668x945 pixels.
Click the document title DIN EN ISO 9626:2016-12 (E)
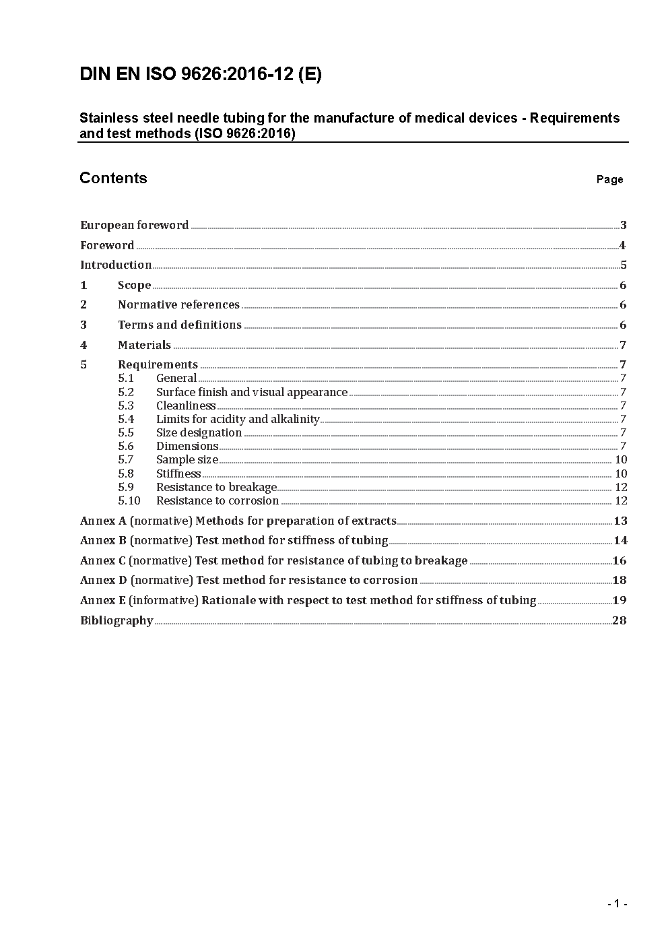pos(201,75)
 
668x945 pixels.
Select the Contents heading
pos(113,178)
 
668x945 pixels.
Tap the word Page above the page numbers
pos(609,180)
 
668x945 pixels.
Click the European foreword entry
pos(134,226)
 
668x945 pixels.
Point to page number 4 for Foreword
pos(622,246)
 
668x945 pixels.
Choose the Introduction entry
pos(116,265)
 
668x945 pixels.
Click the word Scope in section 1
pos(134,286)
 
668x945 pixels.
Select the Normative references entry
pos(178,305)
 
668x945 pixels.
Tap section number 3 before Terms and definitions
pos(83,325)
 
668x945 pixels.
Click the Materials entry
pos(144,346)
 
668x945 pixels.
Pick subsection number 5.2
pos(126,393)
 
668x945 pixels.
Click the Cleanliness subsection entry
pos(186,406)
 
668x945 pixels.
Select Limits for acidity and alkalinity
pos(238,420)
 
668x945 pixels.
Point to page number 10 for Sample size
pos(621,460)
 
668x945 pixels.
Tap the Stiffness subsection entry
pos(178,474)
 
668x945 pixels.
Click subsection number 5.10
pos(129,501)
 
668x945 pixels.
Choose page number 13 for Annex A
pos(620,521)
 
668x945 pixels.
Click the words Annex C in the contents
pos(102,561)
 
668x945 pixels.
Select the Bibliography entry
pos(116,621)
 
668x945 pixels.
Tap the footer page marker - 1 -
pos(617,904)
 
